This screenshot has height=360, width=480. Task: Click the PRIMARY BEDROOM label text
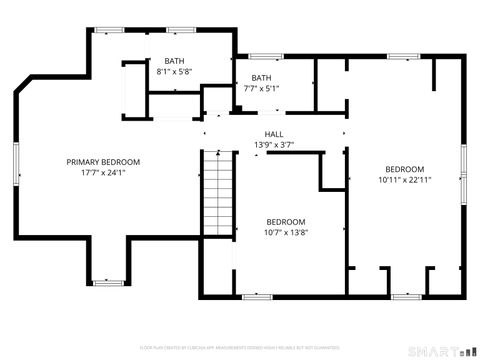pos(103,162)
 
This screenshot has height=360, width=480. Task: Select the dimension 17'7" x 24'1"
pos(103,172)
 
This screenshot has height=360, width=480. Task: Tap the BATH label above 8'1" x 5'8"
pos(174,61)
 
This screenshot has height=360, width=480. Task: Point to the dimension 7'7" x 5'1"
pos(261,88)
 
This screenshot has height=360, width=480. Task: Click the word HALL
pos(273,134)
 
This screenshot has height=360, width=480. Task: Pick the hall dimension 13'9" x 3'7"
pos(273,145)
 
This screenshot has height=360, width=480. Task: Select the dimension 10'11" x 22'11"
pos(405,180)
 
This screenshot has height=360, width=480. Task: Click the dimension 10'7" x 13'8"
pos(286,232)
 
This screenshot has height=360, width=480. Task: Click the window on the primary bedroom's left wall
pos(16,162)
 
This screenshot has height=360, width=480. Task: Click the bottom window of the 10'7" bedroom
pos(257,297)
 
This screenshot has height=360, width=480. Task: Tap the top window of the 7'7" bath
pos(265,56)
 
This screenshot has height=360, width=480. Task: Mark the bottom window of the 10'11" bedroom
pos(405,297)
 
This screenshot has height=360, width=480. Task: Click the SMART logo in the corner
pos(441,351)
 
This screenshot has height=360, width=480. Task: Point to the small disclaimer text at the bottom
pos(240,345)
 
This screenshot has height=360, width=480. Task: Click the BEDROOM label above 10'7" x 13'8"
pos(286,221)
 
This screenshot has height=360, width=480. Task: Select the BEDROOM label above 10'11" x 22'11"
pos(405,169)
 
